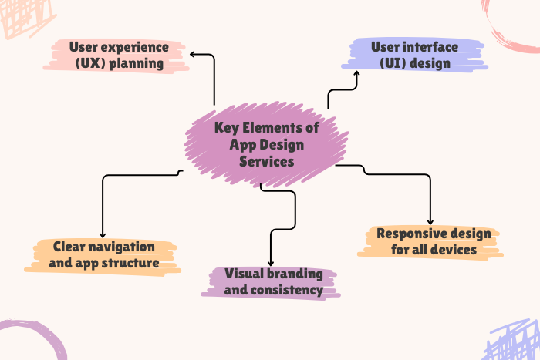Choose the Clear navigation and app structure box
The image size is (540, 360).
(x=104, y=255)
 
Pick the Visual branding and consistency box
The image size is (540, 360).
(x=273, y=281)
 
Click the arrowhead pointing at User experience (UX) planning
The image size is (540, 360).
(x=193, y=54)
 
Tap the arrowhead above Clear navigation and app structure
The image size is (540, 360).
(x=103, y=234)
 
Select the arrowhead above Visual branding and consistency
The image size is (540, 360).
(x=271, y=263)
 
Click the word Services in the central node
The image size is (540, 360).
(x=266, y=162)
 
